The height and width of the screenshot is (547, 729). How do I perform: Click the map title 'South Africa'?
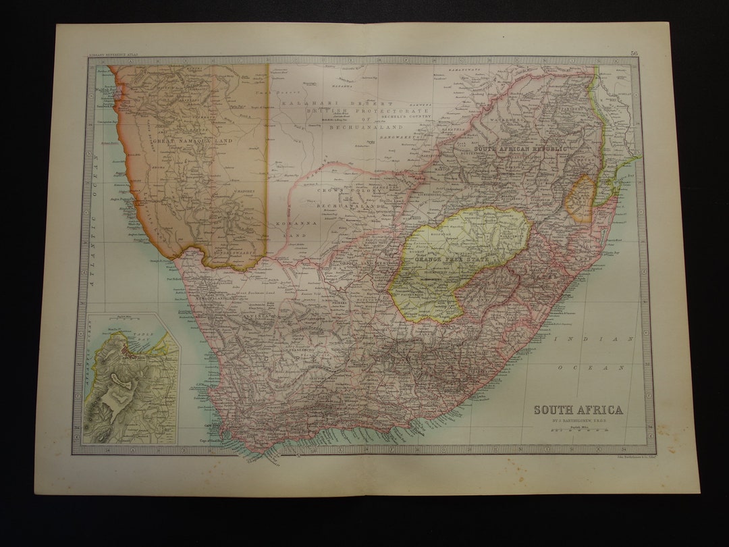tap(578, 410)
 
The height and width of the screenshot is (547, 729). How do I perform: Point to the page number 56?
tap(634, 53)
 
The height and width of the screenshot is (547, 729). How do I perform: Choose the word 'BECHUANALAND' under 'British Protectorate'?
tap(366, 127)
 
